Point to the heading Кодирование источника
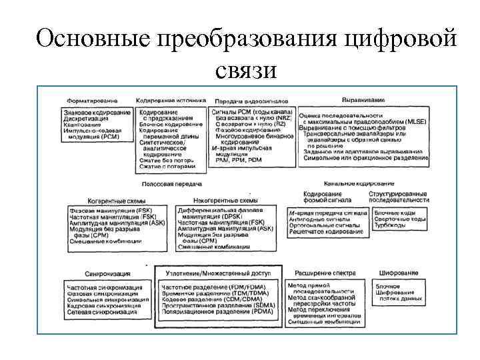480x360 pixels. [171, 99]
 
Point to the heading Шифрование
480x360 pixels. [399, 273]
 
